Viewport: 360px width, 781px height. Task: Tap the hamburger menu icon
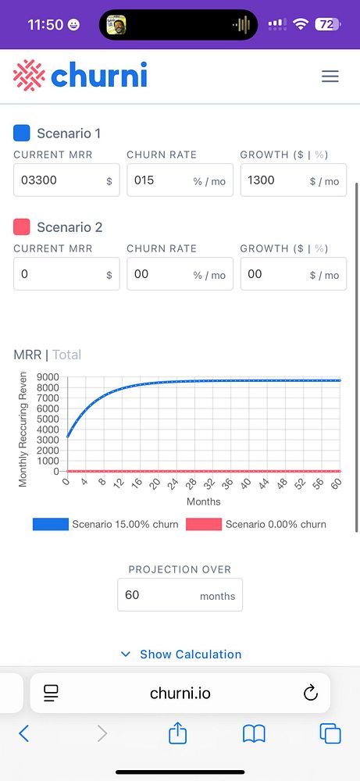[x=330, y=76]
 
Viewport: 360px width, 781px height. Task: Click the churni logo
[x=80, y=76]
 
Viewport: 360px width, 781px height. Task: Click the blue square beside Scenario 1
[x=22, y=133]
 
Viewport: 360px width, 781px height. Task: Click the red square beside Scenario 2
[x=22, y=227]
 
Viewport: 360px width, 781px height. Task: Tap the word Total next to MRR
[x=66, y=355]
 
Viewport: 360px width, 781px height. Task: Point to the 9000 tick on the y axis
[x=48, y=377]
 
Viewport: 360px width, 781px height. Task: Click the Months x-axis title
[x=203, y=501]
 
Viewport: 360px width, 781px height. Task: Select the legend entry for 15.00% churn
[x=105, y=524]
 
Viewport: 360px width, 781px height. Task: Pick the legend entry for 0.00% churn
[x=256, y=524]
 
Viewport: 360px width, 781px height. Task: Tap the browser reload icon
[x=309, y=693]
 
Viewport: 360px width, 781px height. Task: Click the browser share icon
[x=178, y=733]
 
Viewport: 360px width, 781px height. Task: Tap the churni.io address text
[x=180, y=694]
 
